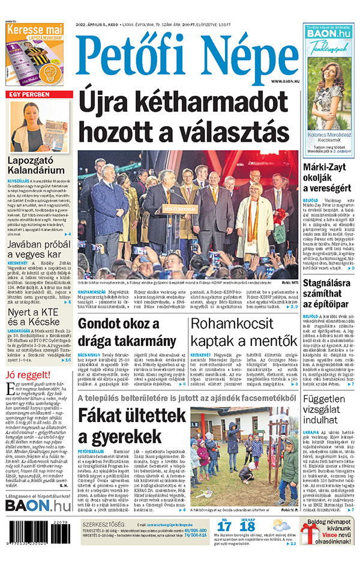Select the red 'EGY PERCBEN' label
point(28,95)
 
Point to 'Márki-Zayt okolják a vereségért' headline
point(329,177)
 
